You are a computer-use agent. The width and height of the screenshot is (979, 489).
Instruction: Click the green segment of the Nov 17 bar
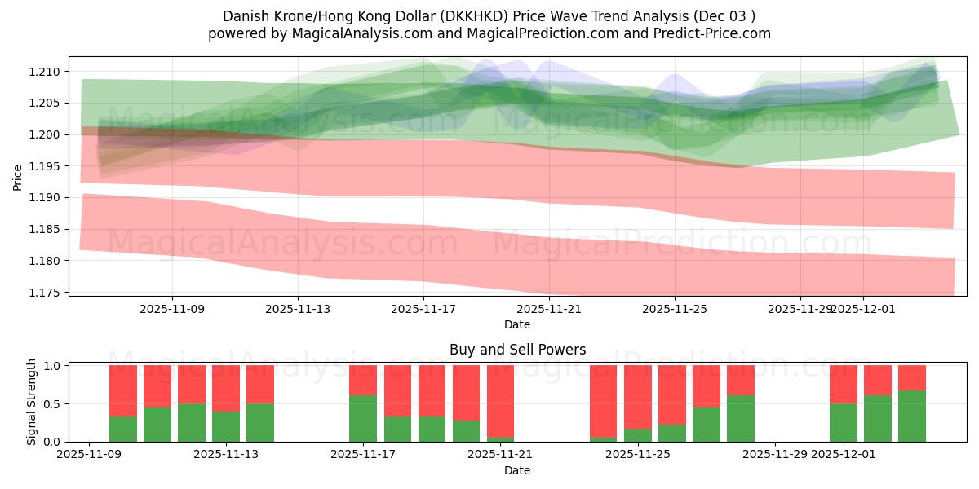tap(363, 418)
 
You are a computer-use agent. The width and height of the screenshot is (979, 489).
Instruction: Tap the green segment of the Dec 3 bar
tap(912, 416)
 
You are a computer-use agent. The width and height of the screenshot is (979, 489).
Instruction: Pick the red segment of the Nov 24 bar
tap(603, 401)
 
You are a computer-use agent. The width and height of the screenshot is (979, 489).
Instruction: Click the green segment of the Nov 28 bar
tap(741, 418)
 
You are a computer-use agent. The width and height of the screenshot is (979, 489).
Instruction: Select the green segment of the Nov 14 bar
tap(260, 422)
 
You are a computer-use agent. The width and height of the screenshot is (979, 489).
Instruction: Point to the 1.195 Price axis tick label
tap(47, 166)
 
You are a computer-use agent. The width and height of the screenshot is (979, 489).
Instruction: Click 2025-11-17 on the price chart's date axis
tap(423, 309)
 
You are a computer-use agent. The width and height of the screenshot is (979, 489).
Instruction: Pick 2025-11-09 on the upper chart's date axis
tap(172, 309)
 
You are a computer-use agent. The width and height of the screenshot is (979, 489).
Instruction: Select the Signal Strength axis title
tap(31, 402)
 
